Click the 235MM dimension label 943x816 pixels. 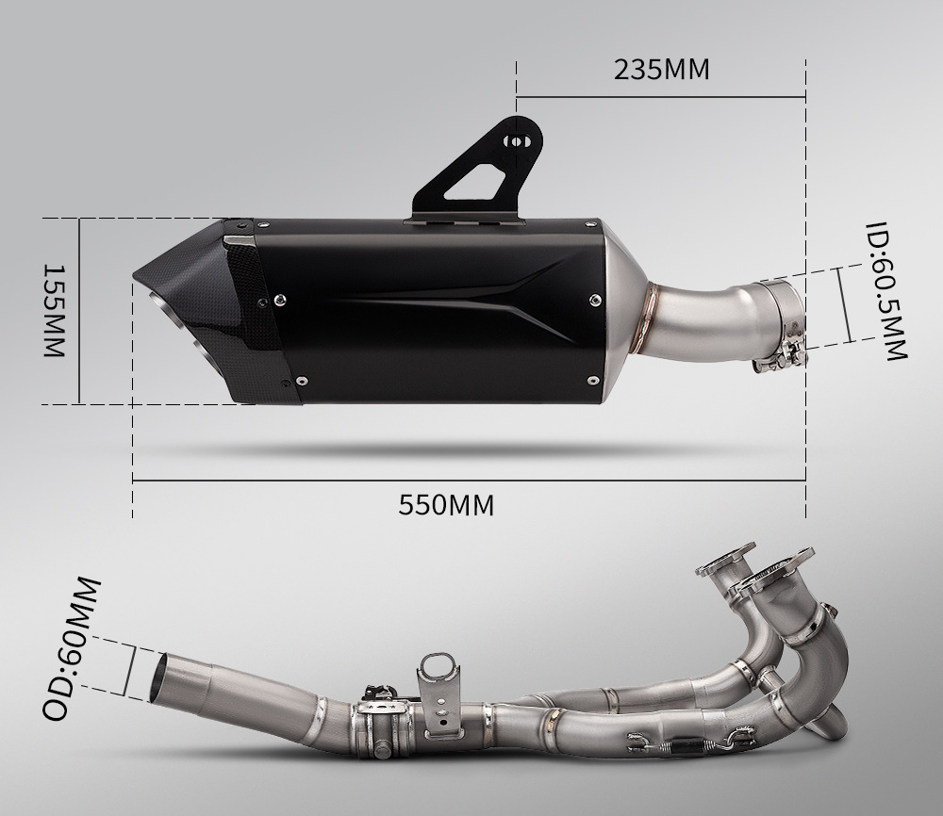click(662, 70)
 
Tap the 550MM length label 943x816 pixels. click(446, 505)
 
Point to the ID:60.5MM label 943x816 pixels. click(885, 291)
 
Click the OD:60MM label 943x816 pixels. click(71, 648)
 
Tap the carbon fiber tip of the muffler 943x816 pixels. click(205, 313)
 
